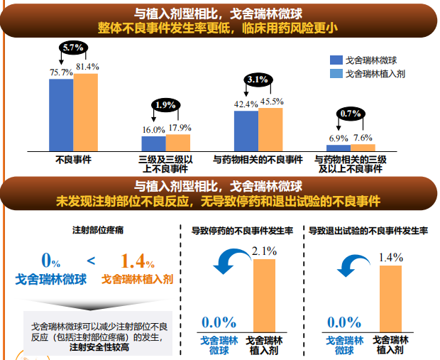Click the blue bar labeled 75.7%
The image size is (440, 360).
[x=61, y=114]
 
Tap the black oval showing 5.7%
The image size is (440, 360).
[x=74, y=48]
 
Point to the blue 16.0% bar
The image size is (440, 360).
[x=153, y=142]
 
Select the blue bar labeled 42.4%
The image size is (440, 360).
[x=246, y=130]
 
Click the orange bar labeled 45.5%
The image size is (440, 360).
[x=270, y=129]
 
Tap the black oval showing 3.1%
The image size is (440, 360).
[x=257, y=79]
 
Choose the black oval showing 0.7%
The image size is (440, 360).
[x=351, y=113]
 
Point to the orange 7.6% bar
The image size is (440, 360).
[x=363, y=147]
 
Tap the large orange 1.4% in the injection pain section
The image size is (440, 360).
[x=138, y=261]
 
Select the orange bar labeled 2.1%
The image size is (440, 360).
[x=264, y=295]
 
